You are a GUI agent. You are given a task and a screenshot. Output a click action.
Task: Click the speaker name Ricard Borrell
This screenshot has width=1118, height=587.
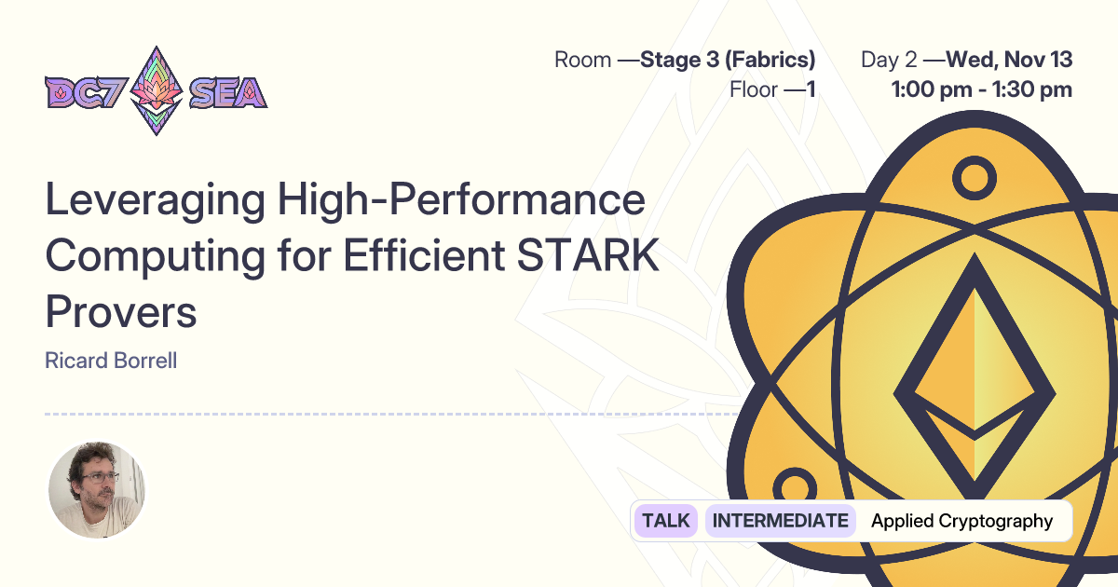111,361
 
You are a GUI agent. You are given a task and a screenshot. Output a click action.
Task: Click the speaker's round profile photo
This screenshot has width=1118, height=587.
97,490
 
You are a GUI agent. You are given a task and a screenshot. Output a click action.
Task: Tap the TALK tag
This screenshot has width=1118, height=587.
666,521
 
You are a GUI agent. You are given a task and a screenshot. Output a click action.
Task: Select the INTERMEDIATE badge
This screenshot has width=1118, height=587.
781,521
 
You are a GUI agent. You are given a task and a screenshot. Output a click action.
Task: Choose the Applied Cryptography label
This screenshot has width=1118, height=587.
961,521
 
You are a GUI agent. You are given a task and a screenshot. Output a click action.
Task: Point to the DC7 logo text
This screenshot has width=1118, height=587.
84,91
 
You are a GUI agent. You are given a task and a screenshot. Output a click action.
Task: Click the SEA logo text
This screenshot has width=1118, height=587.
227,91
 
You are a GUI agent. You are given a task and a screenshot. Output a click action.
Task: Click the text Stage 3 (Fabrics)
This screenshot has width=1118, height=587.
728,61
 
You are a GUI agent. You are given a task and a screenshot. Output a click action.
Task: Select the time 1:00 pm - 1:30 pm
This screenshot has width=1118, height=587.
981,90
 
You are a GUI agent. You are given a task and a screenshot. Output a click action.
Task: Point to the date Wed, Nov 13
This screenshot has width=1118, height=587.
1009,61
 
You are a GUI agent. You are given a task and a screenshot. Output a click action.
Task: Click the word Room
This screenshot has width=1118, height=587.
582,61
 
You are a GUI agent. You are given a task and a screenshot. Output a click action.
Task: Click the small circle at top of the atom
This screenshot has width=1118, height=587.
974,176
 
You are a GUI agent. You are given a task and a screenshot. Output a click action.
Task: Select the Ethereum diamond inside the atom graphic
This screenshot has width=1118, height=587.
974,383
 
